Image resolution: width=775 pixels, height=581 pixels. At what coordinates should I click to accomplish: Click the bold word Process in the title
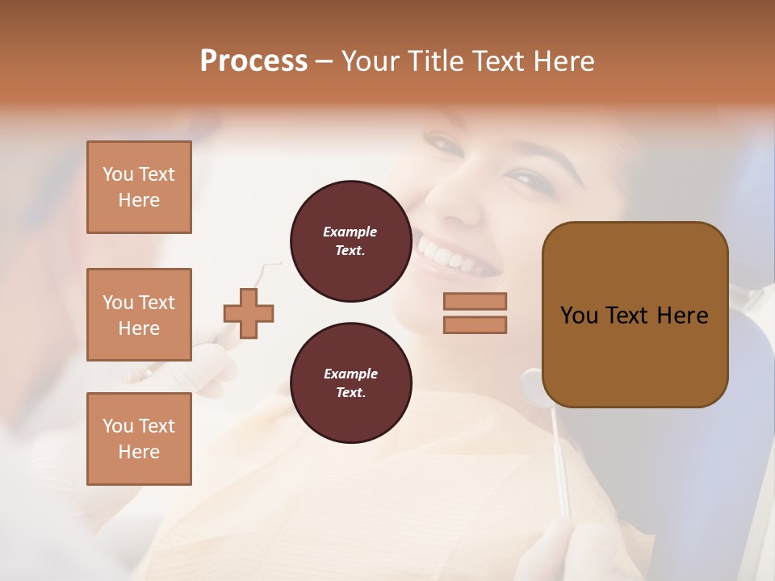click(x=253, y=61)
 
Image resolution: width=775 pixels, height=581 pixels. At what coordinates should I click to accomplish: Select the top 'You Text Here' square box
click(x=139, y=187)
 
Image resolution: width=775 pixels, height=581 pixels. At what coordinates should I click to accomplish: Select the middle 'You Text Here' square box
click(x=139, y=315)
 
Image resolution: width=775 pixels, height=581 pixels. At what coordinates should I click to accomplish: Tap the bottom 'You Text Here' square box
click(x=139, y=438)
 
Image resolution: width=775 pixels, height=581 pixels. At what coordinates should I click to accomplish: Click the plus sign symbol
click(x=249, y=312)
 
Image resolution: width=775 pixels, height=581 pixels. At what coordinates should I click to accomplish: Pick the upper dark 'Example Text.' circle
click(x=350, y=241)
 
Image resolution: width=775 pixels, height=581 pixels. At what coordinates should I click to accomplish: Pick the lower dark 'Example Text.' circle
click(x=350, y=383)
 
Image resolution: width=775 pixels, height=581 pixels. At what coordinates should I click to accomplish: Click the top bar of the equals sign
click(x=475, y=301)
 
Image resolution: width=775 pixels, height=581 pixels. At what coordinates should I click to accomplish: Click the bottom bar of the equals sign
click(x=475, y=325)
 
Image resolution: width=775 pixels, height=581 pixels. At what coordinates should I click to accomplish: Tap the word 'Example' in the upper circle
click(x=350, y=232)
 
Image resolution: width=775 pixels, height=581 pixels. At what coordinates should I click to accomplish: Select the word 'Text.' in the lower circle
click(x=350, y=393)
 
